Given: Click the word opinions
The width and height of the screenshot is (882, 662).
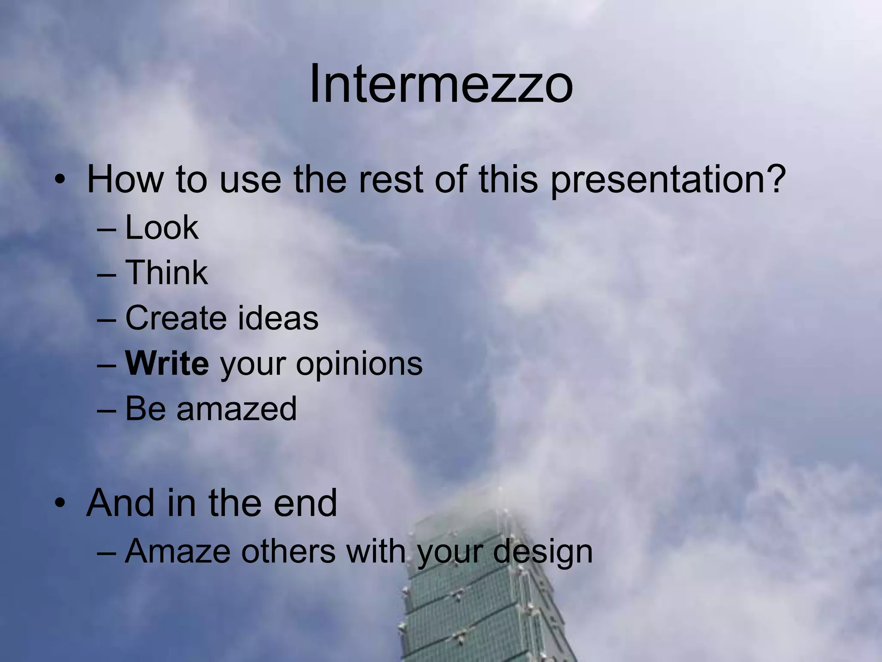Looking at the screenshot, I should tap(359, 364).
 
